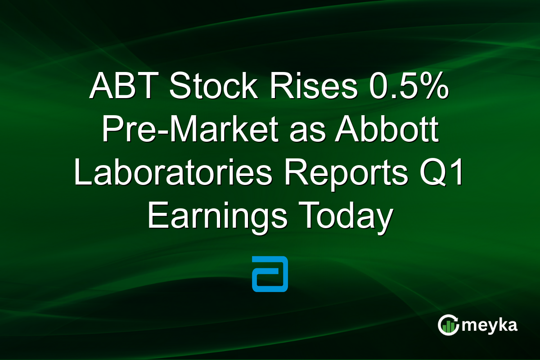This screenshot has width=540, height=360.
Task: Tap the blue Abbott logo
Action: pyautogui.click(x=270, y=274)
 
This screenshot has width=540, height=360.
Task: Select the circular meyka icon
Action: pyautogui.click(x=447, y=325)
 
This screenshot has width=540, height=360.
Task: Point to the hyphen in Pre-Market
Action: pyautogui.click(x=144, y=132)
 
